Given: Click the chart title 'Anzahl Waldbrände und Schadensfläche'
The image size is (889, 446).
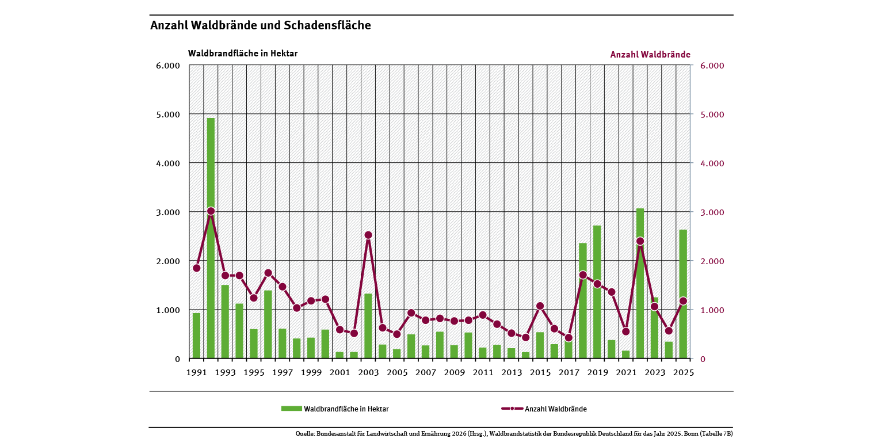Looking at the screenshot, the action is coord(260,25).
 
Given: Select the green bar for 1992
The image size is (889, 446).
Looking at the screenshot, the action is coord(211,238).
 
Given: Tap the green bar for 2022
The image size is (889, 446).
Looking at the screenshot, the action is coord(640,283).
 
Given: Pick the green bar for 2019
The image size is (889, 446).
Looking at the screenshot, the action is coord(597,292).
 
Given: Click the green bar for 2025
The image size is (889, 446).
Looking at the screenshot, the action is coord(683,294).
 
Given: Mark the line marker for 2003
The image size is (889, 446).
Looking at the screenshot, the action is coord(368,235).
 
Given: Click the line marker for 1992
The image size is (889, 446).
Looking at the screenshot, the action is coord(211,211).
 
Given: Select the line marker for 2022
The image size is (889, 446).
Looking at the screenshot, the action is coord(640,241).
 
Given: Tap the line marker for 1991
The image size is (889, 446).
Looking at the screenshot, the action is coord(196,268).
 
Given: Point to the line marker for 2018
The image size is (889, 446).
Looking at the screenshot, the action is coord(583,275).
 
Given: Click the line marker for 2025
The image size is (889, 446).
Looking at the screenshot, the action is coord(683,301).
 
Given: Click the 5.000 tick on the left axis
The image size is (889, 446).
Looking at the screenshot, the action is coord(168,115).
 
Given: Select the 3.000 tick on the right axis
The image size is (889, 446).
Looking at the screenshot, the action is coord(712,212).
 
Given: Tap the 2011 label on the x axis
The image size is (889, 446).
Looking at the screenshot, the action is coord(483,372).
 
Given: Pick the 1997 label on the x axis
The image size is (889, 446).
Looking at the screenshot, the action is coord(282,372).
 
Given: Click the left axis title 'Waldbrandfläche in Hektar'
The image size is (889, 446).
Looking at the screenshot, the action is coord(243,54).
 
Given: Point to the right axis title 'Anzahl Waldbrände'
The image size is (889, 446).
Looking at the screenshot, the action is coord(650,55).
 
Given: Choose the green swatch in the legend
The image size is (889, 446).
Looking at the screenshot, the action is coord(291,409).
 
